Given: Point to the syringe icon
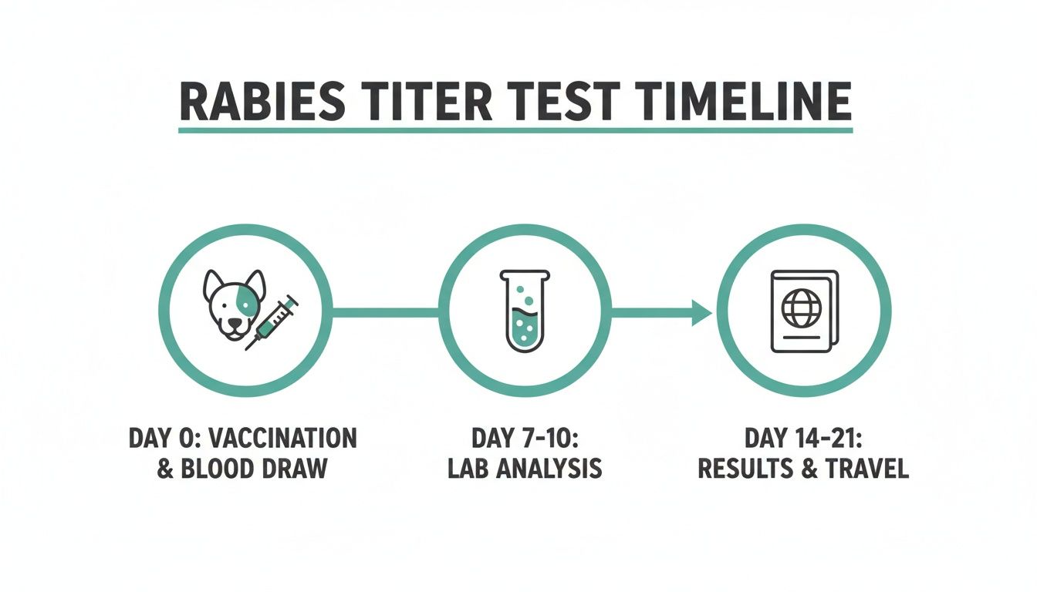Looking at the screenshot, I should [273, 322].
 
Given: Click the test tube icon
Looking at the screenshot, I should [525, 309].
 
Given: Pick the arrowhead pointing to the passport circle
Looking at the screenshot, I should [702, 312].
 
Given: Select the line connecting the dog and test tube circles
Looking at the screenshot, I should [385, 312].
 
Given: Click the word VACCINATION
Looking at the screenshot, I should [292, 439].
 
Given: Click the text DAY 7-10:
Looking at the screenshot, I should [525, 439].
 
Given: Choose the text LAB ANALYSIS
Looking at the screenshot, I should [525, 469].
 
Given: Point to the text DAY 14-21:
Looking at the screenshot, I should [803, 439].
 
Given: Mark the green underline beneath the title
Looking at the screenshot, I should [515, 130].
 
